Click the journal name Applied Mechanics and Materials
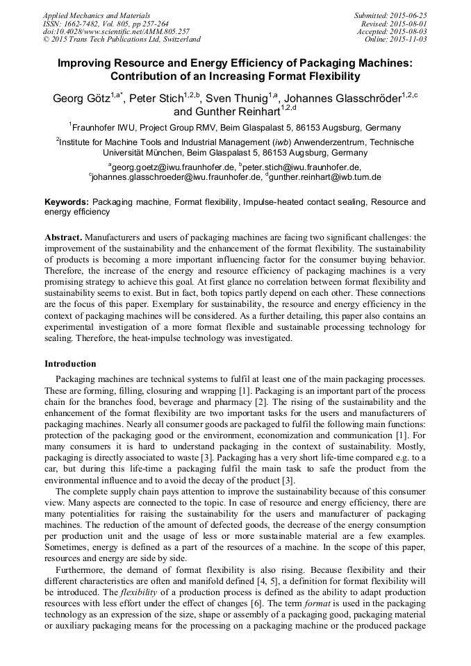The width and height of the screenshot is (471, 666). (96, 15)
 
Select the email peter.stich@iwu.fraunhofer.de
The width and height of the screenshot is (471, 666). (303, 167)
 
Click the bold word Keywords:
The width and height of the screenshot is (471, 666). (67, 202)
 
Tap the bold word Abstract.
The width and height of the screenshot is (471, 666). (63, 237)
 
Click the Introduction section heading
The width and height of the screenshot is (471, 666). (70, 364)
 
